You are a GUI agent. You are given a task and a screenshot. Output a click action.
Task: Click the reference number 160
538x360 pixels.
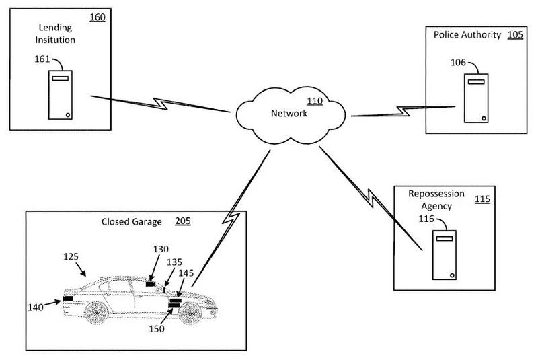[97, 17]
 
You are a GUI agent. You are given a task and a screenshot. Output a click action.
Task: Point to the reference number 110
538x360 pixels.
[314, 102]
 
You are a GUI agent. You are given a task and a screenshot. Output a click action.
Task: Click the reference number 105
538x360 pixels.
[515, 35]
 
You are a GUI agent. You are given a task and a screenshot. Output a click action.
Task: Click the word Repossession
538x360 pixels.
[436, 194]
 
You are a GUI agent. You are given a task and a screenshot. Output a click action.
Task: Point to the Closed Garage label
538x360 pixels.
[131, 221]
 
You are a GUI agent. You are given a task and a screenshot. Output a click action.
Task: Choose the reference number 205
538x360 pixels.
[182, 221]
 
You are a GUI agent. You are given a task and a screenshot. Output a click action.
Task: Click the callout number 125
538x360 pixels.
[71, 256]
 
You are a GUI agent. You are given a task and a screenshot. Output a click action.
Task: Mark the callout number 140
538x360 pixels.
[36, 308]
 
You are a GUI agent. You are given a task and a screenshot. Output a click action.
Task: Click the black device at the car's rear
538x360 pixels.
[68, 299]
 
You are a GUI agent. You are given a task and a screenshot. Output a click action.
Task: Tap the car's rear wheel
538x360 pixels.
[97, 311]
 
